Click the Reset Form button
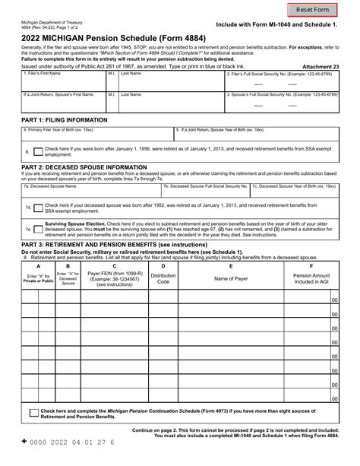[x=313, y=10]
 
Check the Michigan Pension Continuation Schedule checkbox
[x=34, y=414]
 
